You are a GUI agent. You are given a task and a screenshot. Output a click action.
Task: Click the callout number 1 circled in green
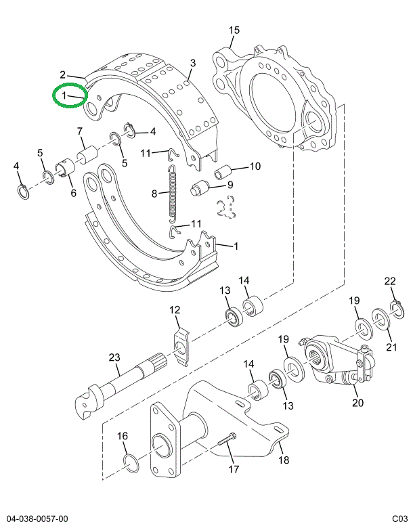pos(64,97)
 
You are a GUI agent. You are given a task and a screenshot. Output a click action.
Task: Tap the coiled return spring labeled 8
pos(173,194)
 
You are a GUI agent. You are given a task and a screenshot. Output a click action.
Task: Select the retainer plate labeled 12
pos(179,346)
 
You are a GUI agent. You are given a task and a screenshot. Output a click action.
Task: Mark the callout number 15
pos(234,30)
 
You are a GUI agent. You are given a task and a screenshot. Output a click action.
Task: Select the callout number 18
pos(283,460)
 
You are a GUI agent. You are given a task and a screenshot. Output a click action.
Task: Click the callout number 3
pos(192,64)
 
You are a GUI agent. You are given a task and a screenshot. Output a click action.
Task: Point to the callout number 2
pos(62,74)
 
